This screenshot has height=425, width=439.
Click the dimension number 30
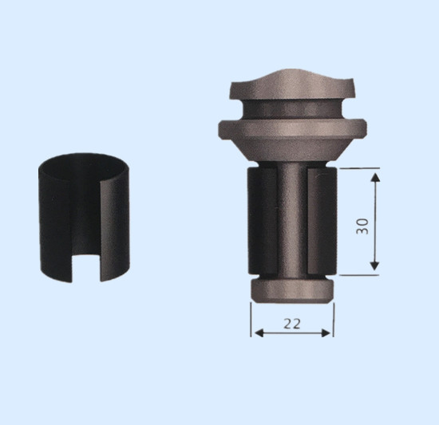point(362,226)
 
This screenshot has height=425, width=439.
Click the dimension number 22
point(292,324)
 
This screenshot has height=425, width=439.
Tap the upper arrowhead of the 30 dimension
point(375,177)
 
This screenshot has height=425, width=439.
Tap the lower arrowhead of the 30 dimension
point(374,266)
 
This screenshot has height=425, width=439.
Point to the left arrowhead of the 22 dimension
point(259,333)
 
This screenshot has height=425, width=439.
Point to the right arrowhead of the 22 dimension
point(326,333)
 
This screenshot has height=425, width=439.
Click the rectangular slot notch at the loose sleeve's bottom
point(86,268)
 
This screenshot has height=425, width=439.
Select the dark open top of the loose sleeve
point(84,166)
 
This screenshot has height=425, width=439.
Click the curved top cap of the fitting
point(291,86)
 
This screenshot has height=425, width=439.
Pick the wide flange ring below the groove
point(292,130)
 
